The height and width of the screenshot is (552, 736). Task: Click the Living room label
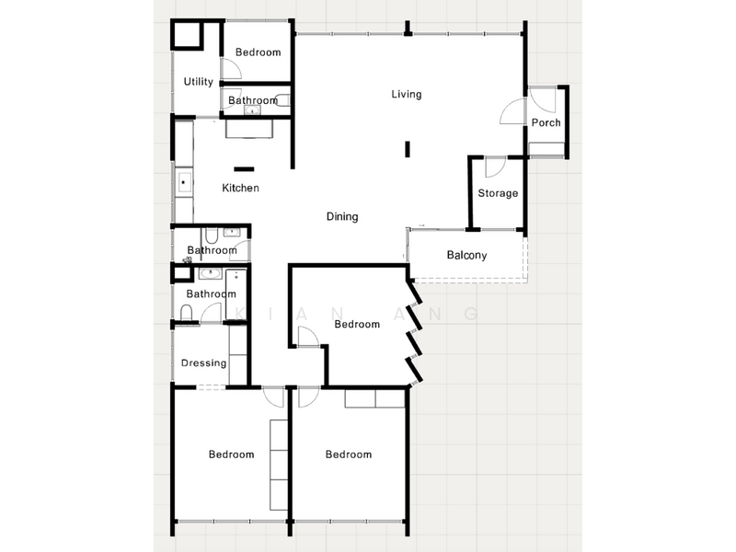[406, 94]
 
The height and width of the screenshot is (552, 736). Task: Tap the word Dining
[342, 217]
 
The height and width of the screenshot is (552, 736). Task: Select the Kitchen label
[240, 189]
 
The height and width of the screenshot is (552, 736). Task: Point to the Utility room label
[199, 82]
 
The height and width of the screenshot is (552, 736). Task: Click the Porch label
[546, 123]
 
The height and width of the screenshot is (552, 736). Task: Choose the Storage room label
[498, 194]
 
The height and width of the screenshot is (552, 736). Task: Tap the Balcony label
[466, 256]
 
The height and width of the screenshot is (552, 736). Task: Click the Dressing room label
[203, 363]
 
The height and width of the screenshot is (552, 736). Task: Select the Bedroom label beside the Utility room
[258, 52]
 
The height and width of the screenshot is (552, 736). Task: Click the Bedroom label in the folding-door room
[357, 325]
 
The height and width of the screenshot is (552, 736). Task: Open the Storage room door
[494, 168]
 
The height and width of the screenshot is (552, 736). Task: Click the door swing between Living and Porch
[512, 112]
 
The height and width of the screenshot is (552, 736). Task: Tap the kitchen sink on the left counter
[182, 181]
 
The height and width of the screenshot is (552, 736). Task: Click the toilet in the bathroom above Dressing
[186, 316]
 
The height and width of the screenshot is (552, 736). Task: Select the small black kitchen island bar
[245, 168]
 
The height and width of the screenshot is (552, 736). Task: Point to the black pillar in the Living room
[408, 150]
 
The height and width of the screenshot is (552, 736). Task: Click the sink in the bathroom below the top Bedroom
[250, 110]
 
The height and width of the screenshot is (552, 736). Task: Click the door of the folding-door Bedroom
[307, 338]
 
